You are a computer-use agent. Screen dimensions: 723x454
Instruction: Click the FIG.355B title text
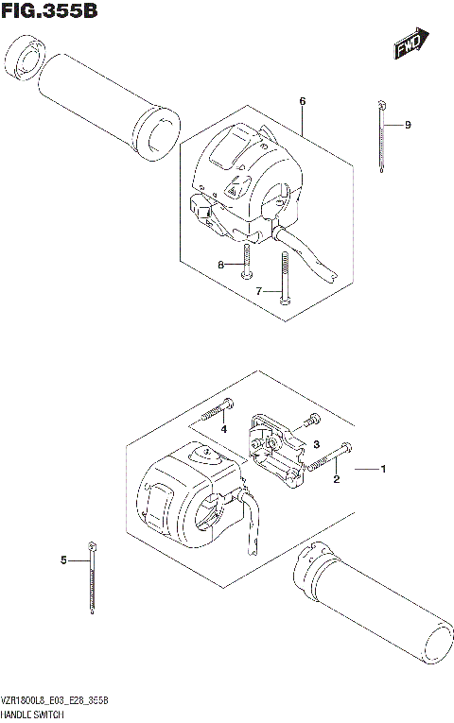(x=49, y=12)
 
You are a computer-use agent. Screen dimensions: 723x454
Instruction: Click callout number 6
(x=302, y=101)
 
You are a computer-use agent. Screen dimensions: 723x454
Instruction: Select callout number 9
(x=408, y=125)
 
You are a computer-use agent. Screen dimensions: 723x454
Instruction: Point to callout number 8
(x=220, y=266)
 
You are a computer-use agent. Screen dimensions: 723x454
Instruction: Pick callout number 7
(x=258, y=292)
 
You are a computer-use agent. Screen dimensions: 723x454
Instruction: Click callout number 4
(x=224, y=430)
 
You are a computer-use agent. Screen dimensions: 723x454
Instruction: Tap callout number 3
(x=318, y=443)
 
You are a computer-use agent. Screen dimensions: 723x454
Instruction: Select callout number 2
(x=335, y=480)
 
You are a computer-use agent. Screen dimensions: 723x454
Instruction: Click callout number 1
(x=383, y=469)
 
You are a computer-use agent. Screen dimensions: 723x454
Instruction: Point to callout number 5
(x=64, y=560)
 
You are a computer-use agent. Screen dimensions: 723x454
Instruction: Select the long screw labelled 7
(x=284, y=278)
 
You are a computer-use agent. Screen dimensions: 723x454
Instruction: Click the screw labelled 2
(x=332, y=456)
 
